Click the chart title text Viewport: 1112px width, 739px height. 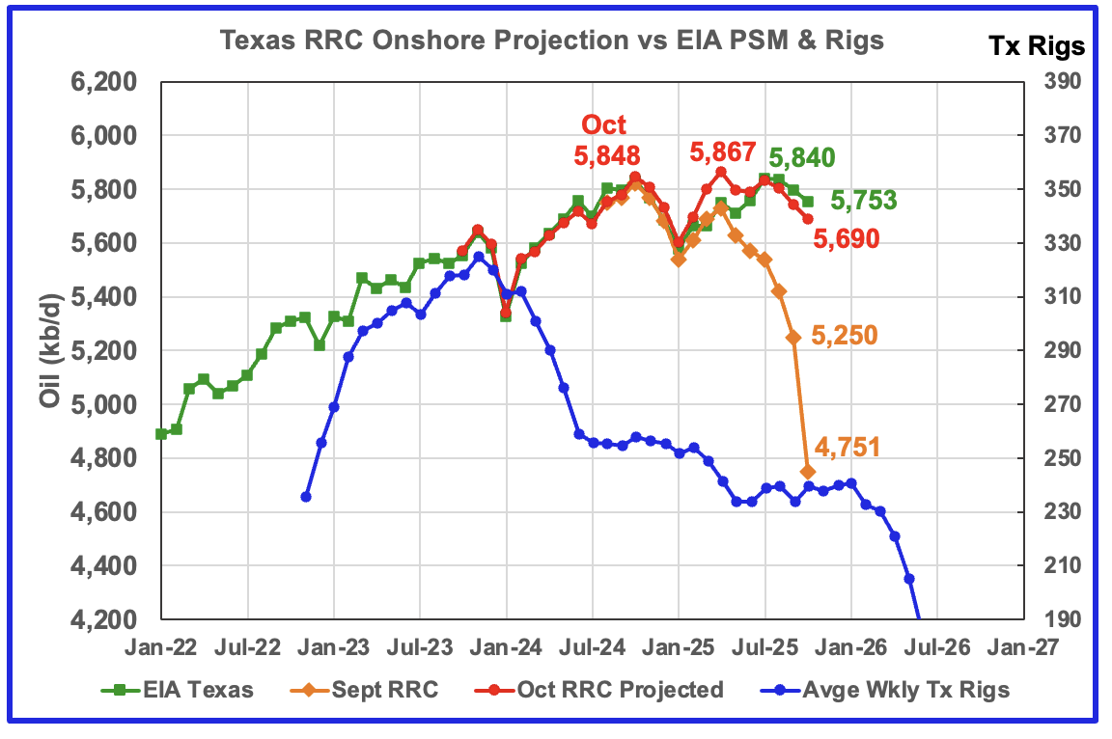[x=551, y=41]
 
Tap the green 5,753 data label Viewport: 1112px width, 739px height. [x=864, y=201]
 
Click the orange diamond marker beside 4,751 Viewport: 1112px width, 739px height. [x=808, y=471]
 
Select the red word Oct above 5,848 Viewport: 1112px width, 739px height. [x=603, y=124]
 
